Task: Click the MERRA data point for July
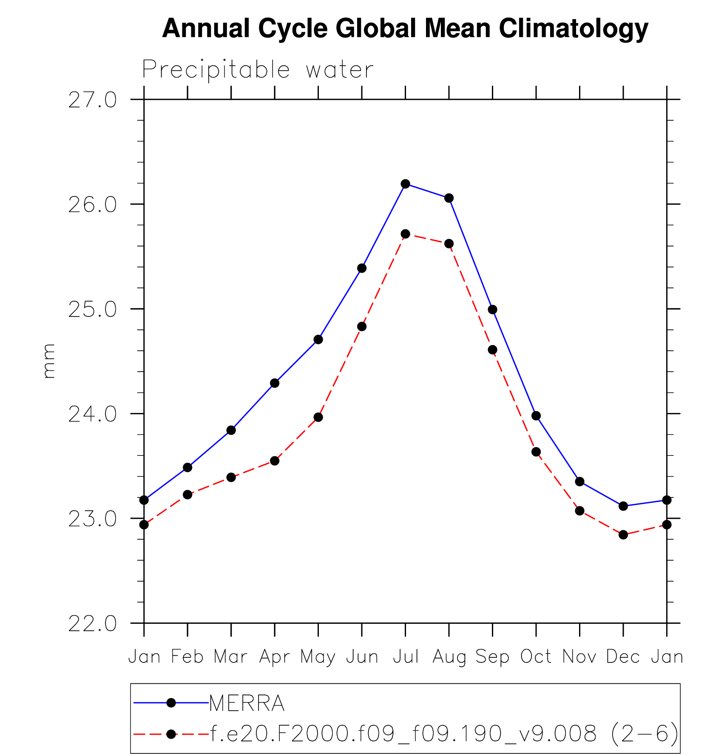[x=405, y=184]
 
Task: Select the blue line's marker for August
[x=449, y=198]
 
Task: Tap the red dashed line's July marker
[x=405, y=234]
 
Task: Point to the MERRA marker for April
[x=275, y=383]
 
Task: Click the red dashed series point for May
[x=318, y=417]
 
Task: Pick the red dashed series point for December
[x=623, y=534]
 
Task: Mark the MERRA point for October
[x=536, y=415]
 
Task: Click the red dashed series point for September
[x=492, y=350]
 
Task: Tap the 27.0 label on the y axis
[x=92, y=100]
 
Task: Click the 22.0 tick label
[x=92, y=624]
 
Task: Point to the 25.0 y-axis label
[x=92, y=310]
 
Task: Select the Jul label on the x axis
[x=406, y=657]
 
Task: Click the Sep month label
[x=492, y=657]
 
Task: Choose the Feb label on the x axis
[x=187, y=657]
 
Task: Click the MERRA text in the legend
[x=247, y=703]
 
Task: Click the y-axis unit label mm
[x=48, y=361]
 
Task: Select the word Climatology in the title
[x=574, y=29]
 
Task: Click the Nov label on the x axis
[x=579, y=657]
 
